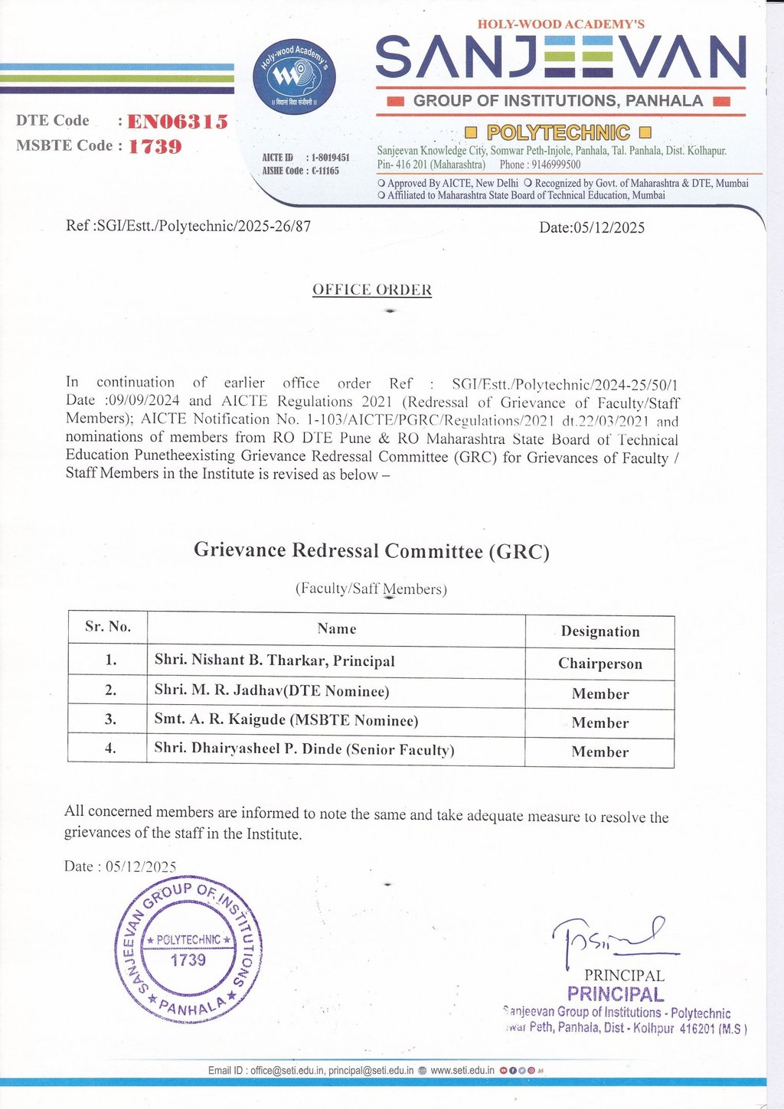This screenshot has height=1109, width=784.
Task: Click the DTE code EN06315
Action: coord(178,122)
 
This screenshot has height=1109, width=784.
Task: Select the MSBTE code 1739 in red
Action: coord(155,146)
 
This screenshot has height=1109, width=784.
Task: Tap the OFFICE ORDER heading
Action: coord(372,290)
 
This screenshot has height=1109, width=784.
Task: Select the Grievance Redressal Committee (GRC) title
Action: coord(371,550)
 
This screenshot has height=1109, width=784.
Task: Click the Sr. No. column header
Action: coord(108,627)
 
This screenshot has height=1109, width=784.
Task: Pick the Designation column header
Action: coord(599,631)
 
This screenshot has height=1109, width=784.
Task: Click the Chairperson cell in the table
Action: coord(599,664)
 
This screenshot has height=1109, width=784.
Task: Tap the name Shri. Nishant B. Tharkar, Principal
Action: coord(274,660)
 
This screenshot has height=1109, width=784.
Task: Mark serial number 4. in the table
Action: coord(110,749)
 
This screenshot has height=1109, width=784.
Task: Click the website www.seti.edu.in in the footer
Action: coord(462,1070)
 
